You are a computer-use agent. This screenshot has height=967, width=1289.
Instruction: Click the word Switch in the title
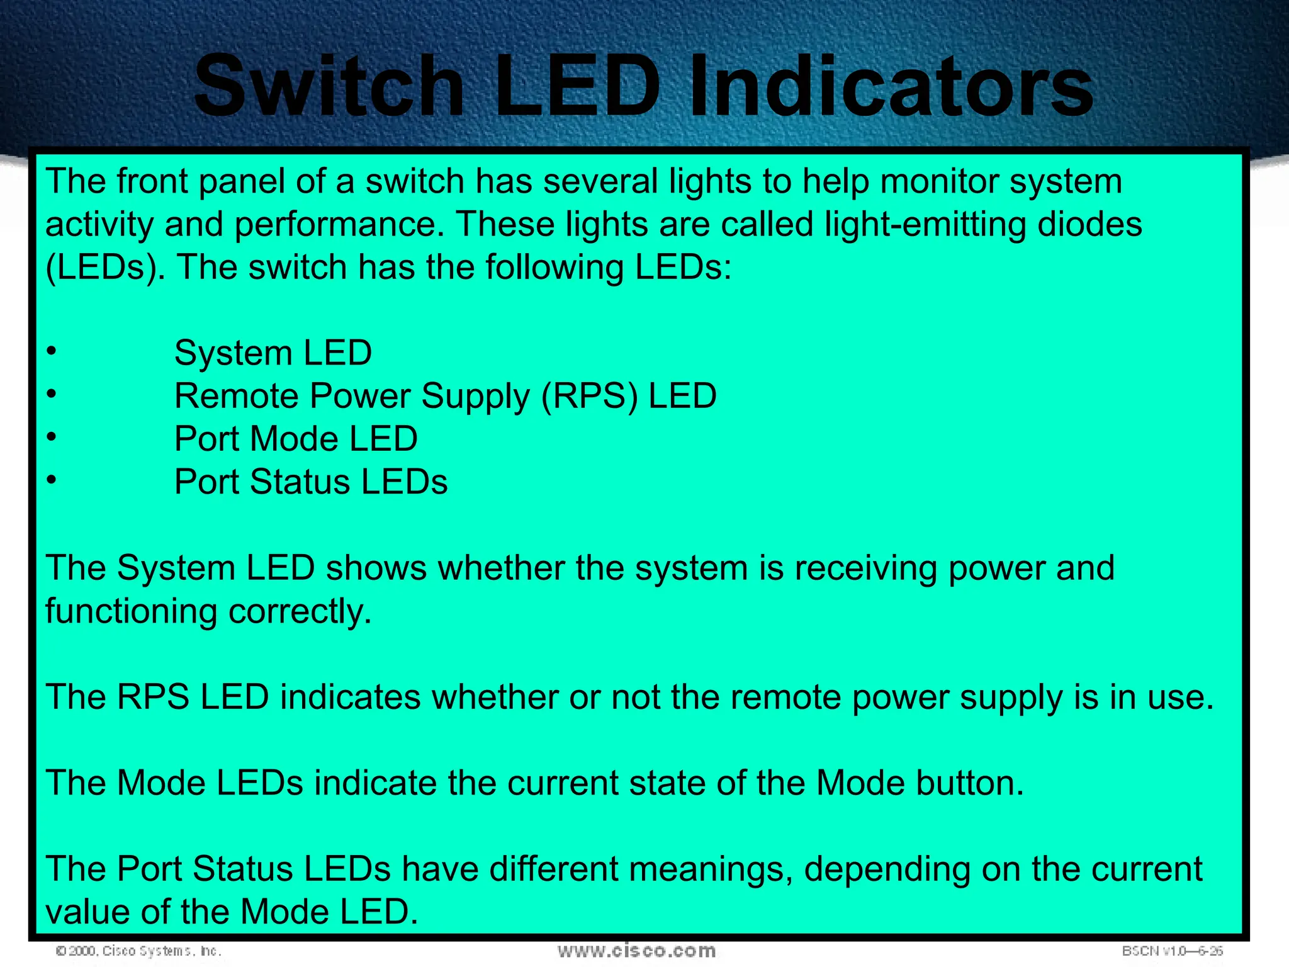click(x=329, y=85)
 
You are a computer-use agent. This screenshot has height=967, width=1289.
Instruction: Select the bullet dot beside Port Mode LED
click(x=52, y=436)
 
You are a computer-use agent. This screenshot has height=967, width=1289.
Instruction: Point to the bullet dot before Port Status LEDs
click(x=52, y=480)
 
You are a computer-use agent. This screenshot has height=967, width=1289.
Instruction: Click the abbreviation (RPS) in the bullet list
click(x=589, y=397)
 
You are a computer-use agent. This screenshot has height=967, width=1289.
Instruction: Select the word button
click(x=970, y=783)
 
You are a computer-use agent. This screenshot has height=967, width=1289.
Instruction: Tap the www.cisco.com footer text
click(x=636, y=951)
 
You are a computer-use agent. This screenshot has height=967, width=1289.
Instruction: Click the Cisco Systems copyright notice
click(x=138, y=951)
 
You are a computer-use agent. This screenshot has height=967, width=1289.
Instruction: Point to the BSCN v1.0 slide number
click(x=1172, y=951)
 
